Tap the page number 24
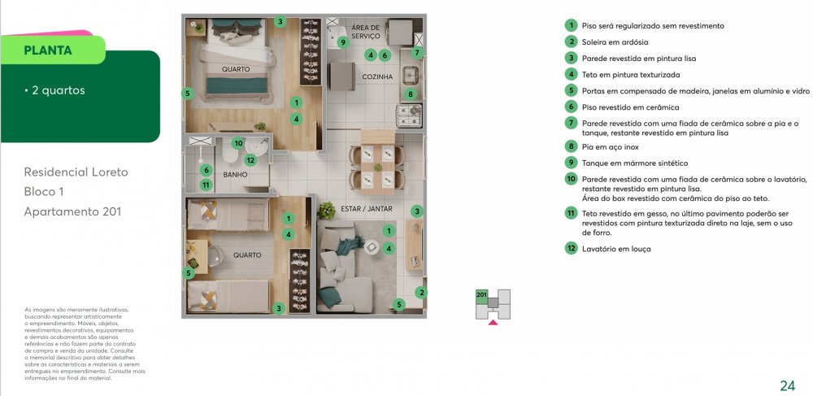[x=786, y=385]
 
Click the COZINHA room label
[x=377, y=77]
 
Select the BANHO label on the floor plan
[x=235, y=174]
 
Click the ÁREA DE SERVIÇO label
[x=366, y=32]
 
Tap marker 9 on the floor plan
[x=343, y=42]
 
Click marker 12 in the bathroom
[x=250, y=159]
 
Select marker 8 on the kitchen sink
[x=411, y=94]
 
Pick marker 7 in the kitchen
[x=416, y=54]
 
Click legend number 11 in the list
[x=572, y=213]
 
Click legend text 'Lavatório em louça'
[x=616, y=249]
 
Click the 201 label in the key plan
[x=481, y=294]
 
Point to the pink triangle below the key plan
[x=492, y=323]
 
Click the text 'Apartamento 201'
[x=72, y=212]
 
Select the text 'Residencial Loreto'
[x=76, y=172]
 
